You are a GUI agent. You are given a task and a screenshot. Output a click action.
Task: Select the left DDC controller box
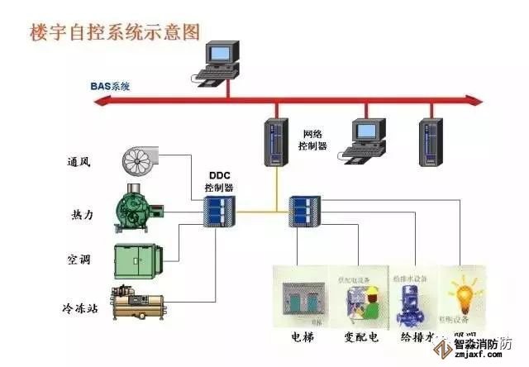click(x=220, y=212)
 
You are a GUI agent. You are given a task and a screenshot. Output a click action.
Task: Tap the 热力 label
click(x=82, y=215)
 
